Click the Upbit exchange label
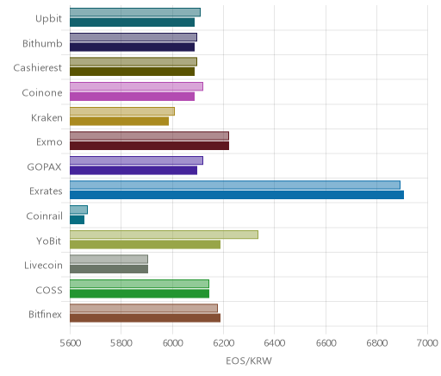pyautogui.click(x=48, y=19)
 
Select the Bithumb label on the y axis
pyautogui.click(x=42, y=43)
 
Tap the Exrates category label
pyautogui.click(x=46, y=191)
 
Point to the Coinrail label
pyautogui.click(x=44, y=216)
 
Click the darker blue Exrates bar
pyautogui.click(x=237, y=195)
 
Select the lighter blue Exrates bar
pyautogui.click(x=235, y=185)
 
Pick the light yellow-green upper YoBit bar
pyautogui.click(x=164, y=235)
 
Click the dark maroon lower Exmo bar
pyautogui.click(x=149, y=146)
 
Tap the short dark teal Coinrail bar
pyautogui.click(x=78, y=220)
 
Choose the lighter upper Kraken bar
pyautogui.click(x=122, y=111)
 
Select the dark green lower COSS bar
pyautogui.click(x=140, y=294)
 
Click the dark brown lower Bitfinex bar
pyautogui.click(x=146, y=318)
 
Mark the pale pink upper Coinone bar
pyautogui.click(x=136, y=86)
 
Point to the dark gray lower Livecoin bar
pyautogui.click(x=109, y=269)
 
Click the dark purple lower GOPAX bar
pyautogui.click(x=134, y=171)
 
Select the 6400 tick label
pyautogui.click(x=275, y=343)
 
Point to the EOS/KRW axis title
pyautogui.click(x=249, y=360)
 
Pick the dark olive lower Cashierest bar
pyautogui.click(x=133, y=72)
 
